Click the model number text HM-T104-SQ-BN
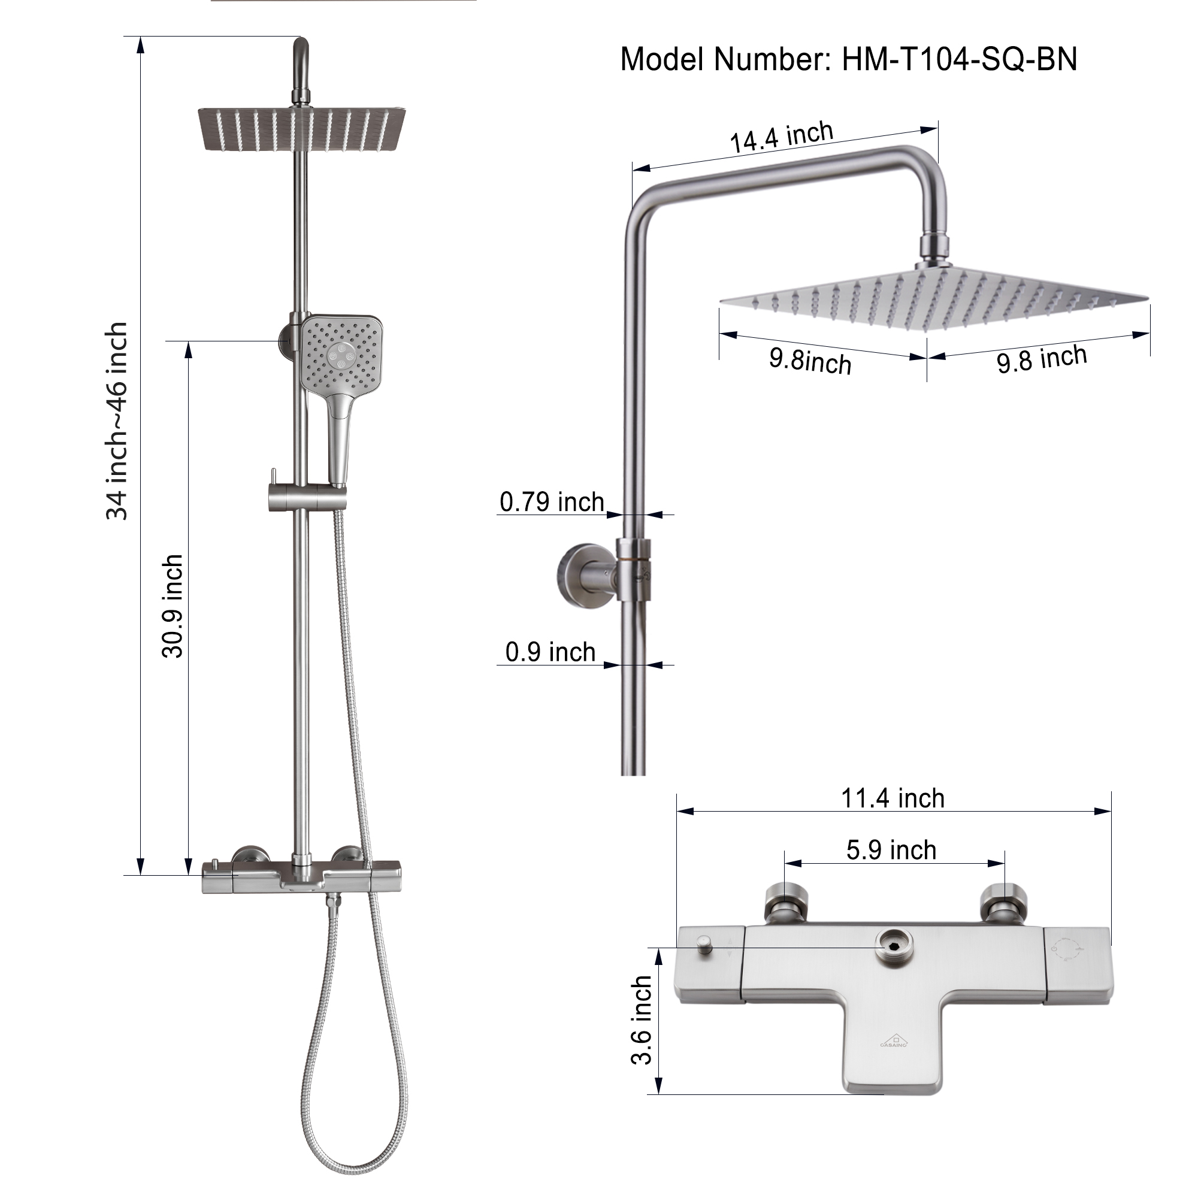pyautogui.click(x=958, y=60)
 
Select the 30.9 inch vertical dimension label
pyautogui.click(x=173, y=606)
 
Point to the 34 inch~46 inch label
pyautogui.click(x=117, y=422)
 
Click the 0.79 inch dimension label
pyautogui.click(x=551, y=503)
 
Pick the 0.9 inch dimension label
pyautogui.click(x=550, y=652)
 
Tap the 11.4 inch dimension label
pyautogui.click(x=893, y=798)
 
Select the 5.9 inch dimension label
pyautogui.click(x=891, y=850)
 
